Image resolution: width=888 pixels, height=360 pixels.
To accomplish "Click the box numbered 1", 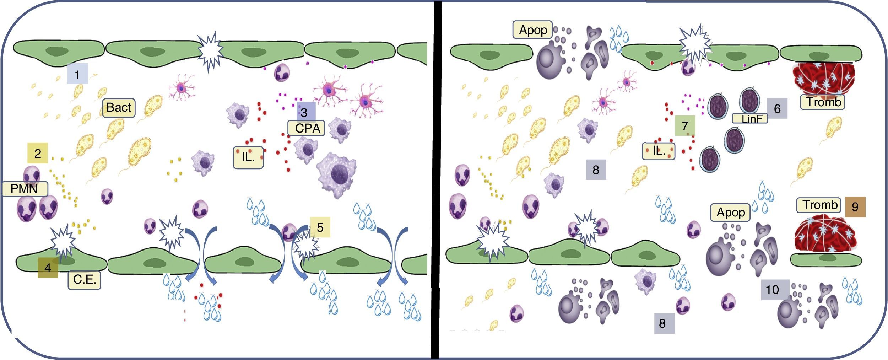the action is pyautogui.click(x=77, y=74).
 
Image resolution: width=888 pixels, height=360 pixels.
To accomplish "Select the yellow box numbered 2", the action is pyautogui.click(x=38, y=153).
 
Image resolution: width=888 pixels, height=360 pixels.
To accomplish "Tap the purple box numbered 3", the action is pyautogui.click(x=305, y=112).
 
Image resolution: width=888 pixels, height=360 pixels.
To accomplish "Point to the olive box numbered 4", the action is pyautogui.click(x=48, y=267).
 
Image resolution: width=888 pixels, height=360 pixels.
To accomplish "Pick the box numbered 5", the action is pyautogui.click(x=320, y=227).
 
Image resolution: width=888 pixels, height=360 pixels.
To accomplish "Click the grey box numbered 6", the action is pyautogui.click(x=777, y=108).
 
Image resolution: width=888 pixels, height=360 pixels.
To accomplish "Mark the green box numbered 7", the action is pyautogui.click(x=685, y=125).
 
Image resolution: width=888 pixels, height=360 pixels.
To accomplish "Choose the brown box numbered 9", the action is pyautogui.click(x=855, y=206).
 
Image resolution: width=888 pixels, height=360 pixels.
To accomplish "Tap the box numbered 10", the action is pyautogui.click(x=772, y=290).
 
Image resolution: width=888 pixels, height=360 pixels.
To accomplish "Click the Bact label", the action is pyautogui.click(x=119, y=108).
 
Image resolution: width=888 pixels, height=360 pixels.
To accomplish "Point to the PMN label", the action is pyautogui.click(x=25, y=189).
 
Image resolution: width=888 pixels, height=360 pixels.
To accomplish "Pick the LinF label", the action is pyautogui.click(x=750, y=118).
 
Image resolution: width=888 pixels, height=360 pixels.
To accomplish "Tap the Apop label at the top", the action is pyautogui.click(x=532, y=30).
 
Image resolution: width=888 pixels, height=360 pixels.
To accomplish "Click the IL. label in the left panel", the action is pyautogui.click(x=248, y=157).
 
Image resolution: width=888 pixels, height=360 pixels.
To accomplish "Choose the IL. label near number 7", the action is pyautogui.click(x=659, y=151).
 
